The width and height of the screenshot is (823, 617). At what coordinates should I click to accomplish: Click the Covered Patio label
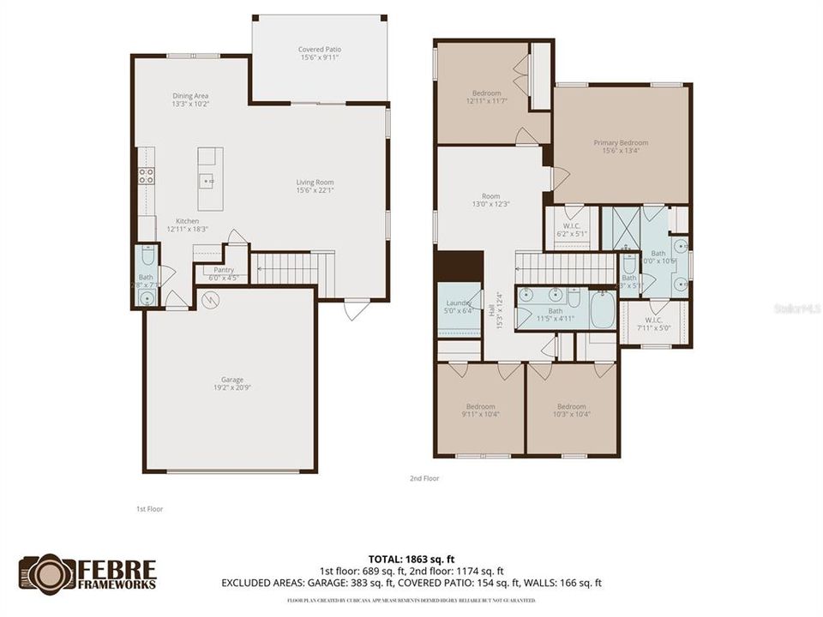click(x=319, y=54)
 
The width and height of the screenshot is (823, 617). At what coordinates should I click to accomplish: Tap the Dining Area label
click(x=190, y=99)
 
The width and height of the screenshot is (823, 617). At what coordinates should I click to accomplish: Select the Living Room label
click(x=315, y=186)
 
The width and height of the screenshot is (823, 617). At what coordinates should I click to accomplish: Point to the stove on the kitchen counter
click(x=147, y=177)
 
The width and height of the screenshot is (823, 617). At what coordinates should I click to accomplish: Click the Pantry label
click(x=224, y=273)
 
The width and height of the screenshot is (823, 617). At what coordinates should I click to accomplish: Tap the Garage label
click(x=232, y=383)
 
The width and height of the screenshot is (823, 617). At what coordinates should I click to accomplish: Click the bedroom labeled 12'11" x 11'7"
click(x=487, y=97)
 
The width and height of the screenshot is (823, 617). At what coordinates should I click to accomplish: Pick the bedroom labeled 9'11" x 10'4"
click(x=481, y=410)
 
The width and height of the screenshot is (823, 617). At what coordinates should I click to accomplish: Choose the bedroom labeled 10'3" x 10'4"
click(x=571, y=410)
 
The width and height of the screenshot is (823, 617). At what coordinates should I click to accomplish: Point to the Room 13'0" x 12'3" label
click(x=490, y=200)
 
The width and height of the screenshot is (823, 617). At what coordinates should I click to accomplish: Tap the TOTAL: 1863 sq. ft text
click(x=411, y=558)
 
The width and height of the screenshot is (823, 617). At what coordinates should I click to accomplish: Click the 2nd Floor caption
click(x=424, y=478)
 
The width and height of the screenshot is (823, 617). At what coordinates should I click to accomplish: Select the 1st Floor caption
click(x=149, y=509)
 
